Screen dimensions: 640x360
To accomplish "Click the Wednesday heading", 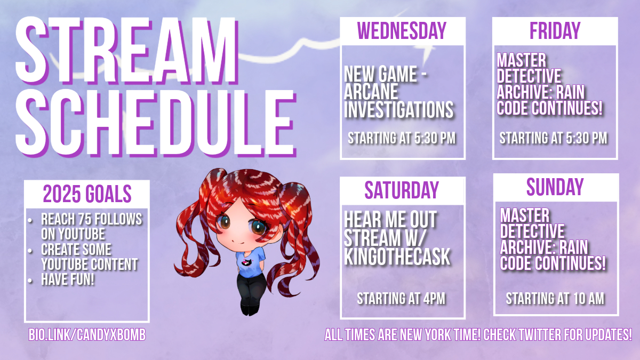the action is [402, 30].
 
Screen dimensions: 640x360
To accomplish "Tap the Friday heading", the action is [555, 30].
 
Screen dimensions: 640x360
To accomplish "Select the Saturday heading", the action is [402, 190].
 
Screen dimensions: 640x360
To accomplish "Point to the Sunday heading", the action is [555, 187].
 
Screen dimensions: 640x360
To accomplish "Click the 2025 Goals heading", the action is [87, 194].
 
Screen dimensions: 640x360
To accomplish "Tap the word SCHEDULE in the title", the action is [156, 123].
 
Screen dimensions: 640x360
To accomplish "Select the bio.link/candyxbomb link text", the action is [87, 334].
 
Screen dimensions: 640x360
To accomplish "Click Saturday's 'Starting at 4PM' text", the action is [401, 299].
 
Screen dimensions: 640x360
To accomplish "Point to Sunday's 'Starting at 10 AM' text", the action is [555, 299].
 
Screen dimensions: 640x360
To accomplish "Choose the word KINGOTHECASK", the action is [397, 257].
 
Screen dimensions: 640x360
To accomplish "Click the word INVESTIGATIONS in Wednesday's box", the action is [398, 109].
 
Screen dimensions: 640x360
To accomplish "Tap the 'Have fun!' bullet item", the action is [68, 279].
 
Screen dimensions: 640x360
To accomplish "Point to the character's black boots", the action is [250, 309].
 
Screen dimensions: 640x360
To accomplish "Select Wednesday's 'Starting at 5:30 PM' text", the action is [402, 138].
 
